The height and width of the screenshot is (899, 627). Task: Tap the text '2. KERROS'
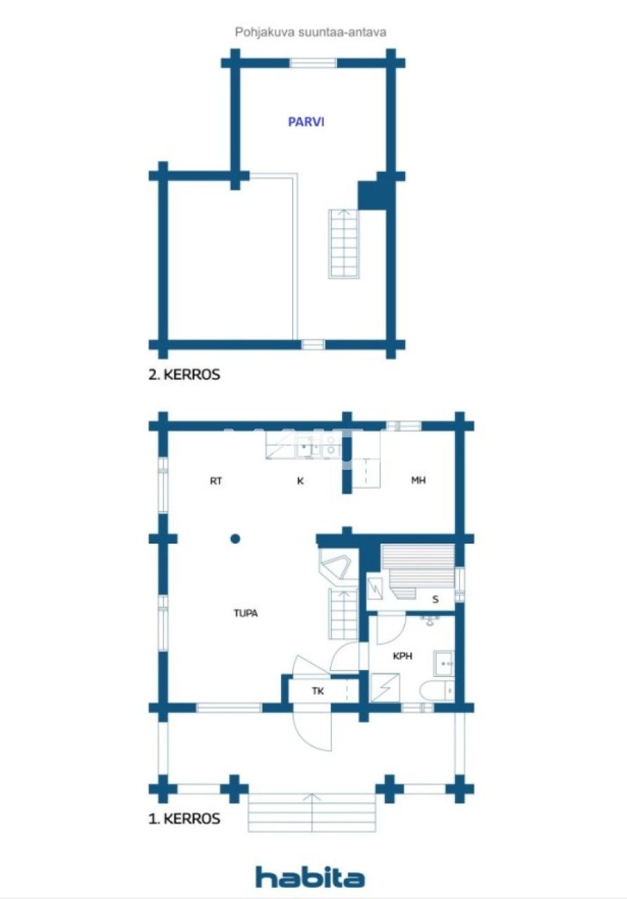point(185,374)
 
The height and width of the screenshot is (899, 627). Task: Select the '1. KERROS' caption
point(185,818)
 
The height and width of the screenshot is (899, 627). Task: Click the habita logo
point(310,877)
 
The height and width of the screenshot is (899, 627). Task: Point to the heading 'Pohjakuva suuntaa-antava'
point(311,32)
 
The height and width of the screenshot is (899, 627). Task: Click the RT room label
point(216,481)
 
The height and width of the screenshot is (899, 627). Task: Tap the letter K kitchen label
point(300,481)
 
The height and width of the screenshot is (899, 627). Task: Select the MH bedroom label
point(418,481)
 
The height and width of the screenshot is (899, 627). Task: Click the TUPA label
point(246,613)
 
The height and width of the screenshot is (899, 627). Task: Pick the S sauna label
point(435,599)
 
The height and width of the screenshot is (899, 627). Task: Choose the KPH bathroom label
point(402,657)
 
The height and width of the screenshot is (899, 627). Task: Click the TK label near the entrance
point(318,691)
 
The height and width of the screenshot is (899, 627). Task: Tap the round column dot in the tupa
point(235,539)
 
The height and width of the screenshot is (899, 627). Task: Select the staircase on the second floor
point(343,243)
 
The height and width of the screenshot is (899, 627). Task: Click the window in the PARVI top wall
point(313,63)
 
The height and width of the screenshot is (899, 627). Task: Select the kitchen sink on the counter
point(306,445)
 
